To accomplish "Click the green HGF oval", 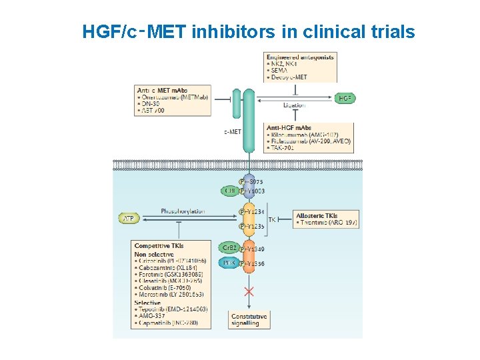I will click(x=345, y=98).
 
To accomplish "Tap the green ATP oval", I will click(x=128, y=218).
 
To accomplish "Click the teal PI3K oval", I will click(x=229, y=264).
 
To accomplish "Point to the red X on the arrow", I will click(x=249, y=292).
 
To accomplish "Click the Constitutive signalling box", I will click(x=249, y=320).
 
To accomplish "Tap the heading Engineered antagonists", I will click(x=299, y=57).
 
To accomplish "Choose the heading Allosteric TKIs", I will click(x=317, y=215).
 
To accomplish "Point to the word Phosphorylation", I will click(x=183, y=211).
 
